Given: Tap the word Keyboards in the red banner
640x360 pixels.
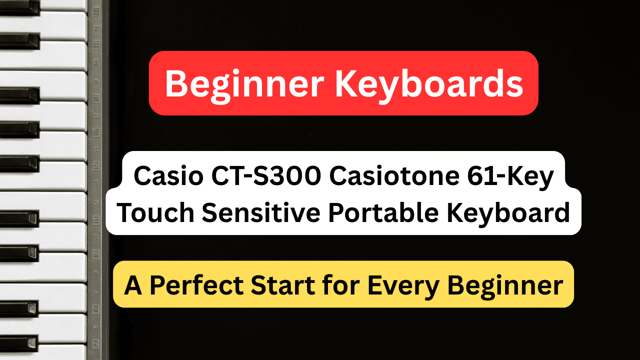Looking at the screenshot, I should [x=429, y=83].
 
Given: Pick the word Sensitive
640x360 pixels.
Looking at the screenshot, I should [x=260, y=213].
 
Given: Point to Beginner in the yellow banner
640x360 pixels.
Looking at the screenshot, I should [x=505, y=285].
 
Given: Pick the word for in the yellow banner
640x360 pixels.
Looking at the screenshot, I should [x=342, y=285].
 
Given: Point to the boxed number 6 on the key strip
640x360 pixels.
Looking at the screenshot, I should [x=96, y=308].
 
